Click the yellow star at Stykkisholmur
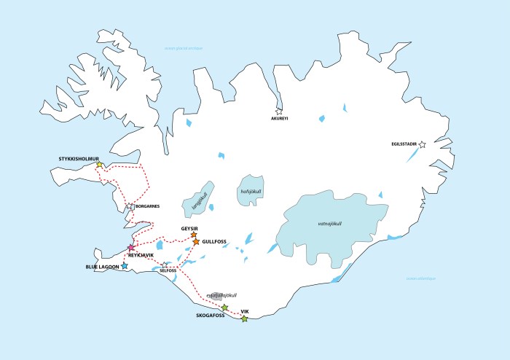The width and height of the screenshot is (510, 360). [99, 165]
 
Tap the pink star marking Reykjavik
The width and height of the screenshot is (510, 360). [131, 249]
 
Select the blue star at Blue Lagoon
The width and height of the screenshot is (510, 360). [125, 267]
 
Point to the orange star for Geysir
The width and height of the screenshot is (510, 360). [193, 235]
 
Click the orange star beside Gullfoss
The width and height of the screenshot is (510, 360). [196, 241]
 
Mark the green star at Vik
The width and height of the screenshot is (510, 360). [244, 318]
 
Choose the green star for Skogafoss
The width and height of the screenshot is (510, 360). [224, 308]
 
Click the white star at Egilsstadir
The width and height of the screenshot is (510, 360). [422, 145]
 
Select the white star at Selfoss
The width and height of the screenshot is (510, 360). [174, 266]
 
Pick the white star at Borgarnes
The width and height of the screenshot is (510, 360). [130, 207]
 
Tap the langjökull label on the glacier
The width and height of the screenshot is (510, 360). [195, 200]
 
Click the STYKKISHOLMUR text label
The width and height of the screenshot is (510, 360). [78, 158]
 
